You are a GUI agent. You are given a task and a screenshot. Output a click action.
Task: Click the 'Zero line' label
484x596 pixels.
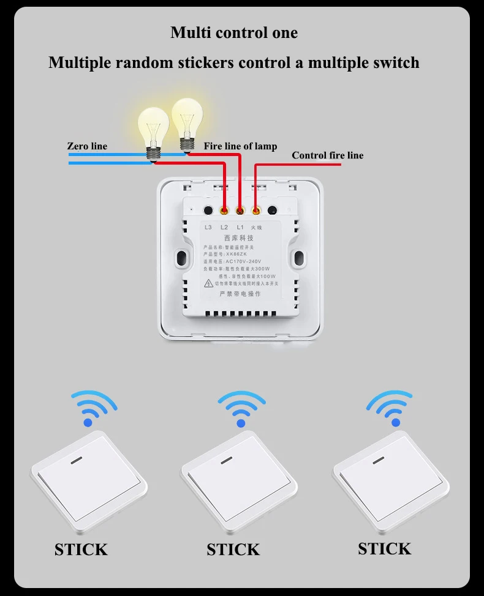click(87, 146)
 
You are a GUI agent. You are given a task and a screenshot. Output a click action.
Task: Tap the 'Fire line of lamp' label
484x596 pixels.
click(240, 146)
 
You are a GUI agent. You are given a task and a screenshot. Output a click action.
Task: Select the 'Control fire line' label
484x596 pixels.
click(327, 155)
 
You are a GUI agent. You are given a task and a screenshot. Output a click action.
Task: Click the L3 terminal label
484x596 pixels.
click(208, 227)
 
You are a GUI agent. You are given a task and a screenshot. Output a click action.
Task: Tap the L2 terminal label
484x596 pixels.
click(224, 227)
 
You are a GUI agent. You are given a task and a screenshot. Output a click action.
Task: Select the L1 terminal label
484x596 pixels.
click(240, 227)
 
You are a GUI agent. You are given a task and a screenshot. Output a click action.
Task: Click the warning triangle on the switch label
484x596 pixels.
click(209, 283)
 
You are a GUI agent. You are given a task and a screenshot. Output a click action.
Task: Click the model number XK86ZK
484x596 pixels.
click(237, 254)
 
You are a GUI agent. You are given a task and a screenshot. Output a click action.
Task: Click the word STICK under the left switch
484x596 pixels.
click(81, 549)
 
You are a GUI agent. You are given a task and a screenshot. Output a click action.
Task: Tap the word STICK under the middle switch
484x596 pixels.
click(233, 549)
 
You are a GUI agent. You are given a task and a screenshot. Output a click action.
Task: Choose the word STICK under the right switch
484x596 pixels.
click(385, 548)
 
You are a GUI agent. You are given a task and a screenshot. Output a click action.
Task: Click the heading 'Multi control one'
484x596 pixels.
click(234, 32)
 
